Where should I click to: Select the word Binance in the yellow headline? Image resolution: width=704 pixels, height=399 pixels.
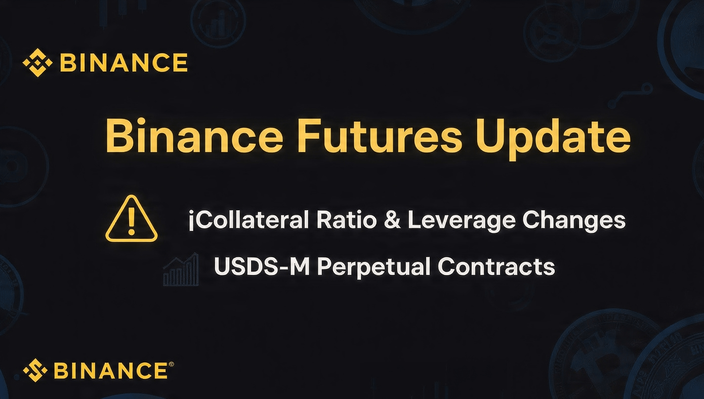194,135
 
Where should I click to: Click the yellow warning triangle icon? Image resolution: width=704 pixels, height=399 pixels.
132,218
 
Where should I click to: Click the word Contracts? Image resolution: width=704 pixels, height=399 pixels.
496,267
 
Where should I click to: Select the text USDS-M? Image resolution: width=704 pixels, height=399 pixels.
262,267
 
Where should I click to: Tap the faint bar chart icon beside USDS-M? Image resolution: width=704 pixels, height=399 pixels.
181,269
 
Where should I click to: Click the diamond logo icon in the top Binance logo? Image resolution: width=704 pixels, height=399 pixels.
37,63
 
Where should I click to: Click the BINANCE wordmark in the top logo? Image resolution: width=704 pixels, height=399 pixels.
124,62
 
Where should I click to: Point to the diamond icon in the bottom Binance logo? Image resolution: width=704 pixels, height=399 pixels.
35,370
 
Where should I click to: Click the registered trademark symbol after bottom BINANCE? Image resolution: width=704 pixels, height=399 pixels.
171,364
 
